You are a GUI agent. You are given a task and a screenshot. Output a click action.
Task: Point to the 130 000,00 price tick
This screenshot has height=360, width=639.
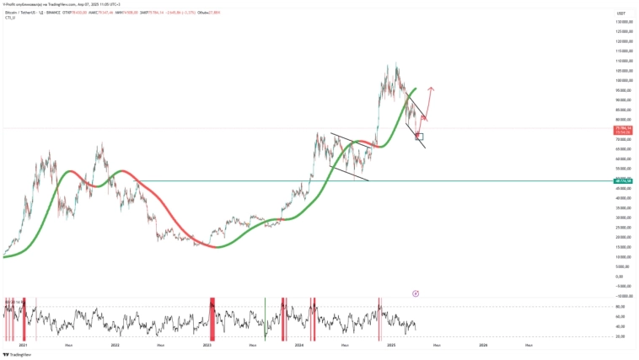click(624, 21)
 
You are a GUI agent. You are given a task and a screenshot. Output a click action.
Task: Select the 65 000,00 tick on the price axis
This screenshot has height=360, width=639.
click(624, 149)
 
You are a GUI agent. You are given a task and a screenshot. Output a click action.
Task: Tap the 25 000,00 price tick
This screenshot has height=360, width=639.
click(624, 228)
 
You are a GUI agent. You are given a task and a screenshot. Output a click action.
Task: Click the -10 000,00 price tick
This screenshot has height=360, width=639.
click(624, 296)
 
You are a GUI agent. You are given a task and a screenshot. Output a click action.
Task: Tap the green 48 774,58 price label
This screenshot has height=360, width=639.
click(624, 180)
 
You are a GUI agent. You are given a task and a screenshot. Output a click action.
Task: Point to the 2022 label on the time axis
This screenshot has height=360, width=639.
click(115, 345)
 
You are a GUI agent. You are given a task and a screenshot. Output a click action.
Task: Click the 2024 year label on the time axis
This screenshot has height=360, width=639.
click(299, 345)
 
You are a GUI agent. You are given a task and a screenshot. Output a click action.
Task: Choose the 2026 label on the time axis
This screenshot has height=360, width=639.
click(483, 345)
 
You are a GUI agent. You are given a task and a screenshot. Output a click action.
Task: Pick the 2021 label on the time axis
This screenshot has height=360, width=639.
click(23, 345)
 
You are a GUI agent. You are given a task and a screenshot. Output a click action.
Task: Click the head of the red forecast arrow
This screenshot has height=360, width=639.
click(431, 88)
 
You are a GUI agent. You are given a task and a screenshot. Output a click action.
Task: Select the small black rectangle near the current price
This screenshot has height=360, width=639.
click(420, 136)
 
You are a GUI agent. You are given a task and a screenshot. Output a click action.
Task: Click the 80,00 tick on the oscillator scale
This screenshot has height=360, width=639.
click(620, 307)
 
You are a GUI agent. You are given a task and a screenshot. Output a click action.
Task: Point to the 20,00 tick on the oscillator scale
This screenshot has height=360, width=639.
click(620, 336)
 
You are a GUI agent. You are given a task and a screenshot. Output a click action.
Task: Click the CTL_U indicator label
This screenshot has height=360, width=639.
click(9, 18)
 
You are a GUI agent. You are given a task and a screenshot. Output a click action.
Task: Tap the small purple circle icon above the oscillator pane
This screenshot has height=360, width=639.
click(416, 293)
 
